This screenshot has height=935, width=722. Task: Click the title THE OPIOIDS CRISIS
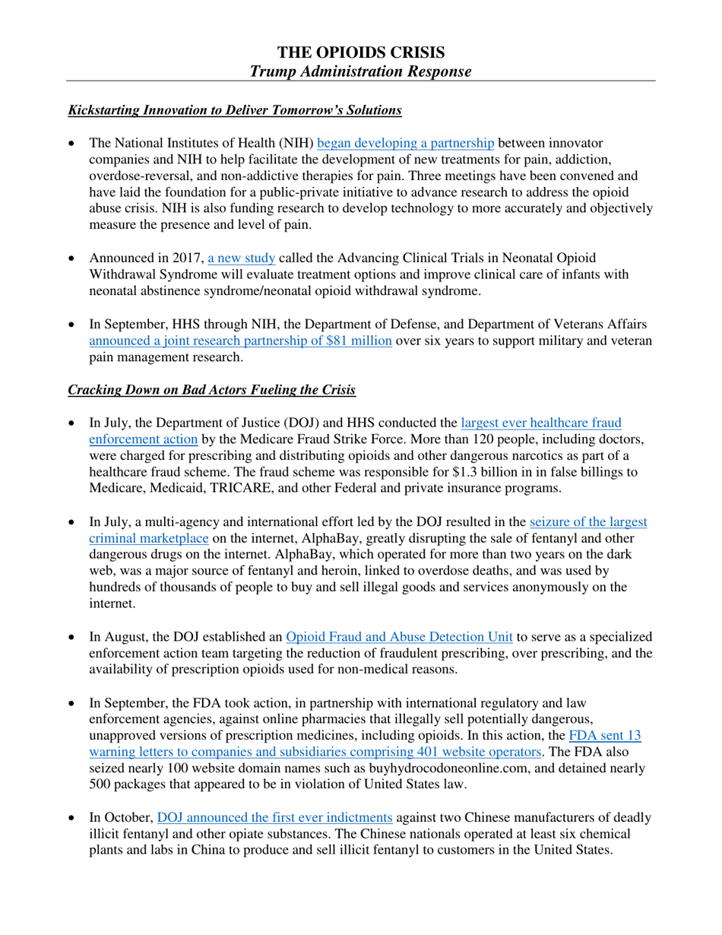click(361, 52)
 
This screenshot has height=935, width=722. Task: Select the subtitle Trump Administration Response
click(361, 71)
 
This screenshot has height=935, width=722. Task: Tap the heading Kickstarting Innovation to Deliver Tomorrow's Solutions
click(235, 110)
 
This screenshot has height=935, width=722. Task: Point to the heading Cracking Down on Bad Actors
click(211, 391)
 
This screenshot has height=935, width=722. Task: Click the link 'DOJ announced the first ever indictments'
click(274, 818)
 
